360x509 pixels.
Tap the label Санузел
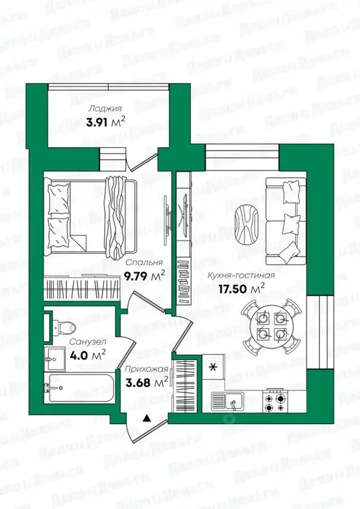(82, 343)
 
